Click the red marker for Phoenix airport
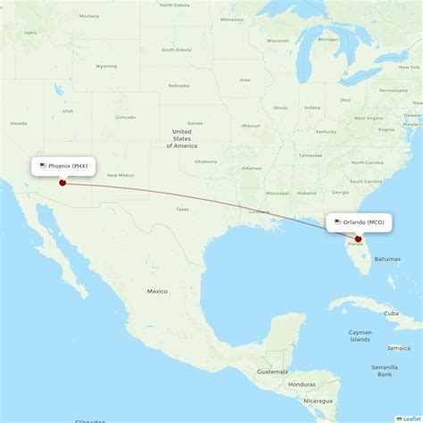point(62,183)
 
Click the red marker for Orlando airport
point(358,238)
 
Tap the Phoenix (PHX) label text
point(68,166)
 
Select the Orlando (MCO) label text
point(362,222)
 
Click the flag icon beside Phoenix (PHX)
point(43,166)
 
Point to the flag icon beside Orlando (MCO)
point(337,222)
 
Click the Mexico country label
point(157,291)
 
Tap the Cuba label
point(391,313)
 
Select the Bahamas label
point(387,259)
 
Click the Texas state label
point(182,209)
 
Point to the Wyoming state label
point(106,66)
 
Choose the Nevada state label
point(18,123)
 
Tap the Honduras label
point(302,384)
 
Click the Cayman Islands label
point(360,335)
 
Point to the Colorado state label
point(125,117)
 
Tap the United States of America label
point(182,138)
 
